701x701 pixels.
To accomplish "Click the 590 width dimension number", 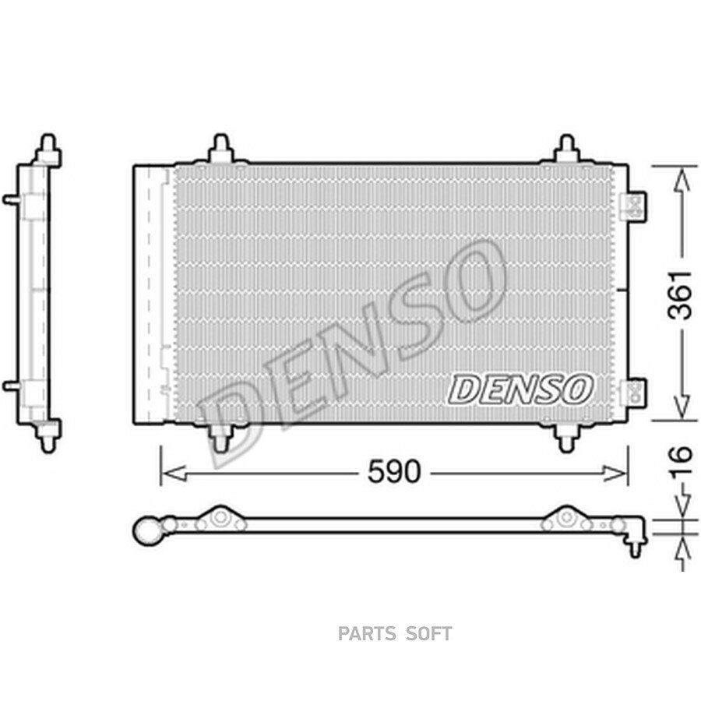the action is [x=394, y=471].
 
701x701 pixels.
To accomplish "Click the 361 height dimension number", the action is [x=679, y=295].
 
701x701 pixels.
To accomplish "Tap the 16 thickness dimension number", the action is [x=680, y=462].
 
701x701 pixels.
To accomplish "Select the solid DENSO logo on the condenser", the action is [x=520, y=389].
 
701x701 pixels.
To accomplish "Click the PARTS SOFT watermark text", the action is [x=395, y=633].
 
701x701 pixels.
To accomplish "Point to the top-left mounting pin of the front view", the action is [x=221, y=147].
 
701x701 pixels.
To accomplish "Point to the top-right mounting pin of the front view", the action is [x=566, y=147].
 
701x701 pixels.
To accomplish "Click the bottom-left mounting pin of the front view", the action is [x=220, y=438].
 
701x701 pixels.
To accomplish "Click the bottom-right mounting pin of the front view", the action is [x=566, y=438].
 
